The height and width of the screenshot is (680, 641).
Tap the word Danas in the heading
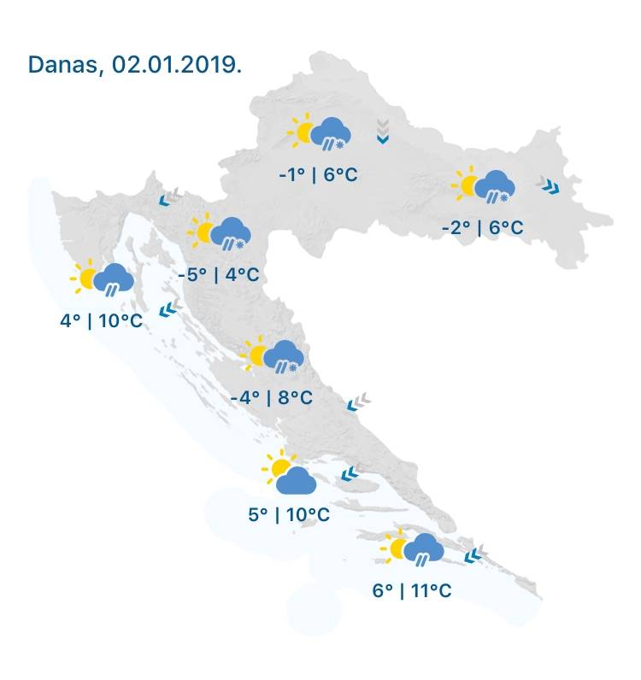point(61,65)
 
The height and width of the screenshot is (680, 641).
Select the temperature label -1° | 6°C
point(318,175)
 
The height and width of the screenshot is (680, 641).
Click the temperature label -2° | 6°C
point(482,228)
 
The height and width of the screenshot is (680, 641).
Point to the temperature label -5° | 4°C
point(218,274)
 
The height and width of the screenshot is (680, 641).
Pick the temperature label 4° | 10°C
point(101,321)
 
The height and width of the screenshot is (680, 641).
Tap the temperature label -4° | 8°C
point(272,397)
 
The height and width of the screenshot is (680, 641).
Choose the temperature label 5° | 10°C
point(289,514)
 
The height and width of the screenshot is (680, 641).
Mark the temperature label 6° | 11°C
point(412,590)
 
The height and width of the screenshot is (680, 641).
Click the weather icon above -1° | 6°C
point(320,133)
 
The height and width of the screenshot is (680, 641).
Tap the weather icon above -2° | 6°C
point(485,186)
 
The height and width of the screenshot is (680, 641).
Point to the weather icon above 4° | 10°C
point(103,278)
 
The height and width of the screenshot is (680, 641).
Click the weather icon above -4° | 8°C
point(273,355)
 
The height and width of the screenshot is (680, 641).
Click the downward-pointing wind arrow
point(382,132)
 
